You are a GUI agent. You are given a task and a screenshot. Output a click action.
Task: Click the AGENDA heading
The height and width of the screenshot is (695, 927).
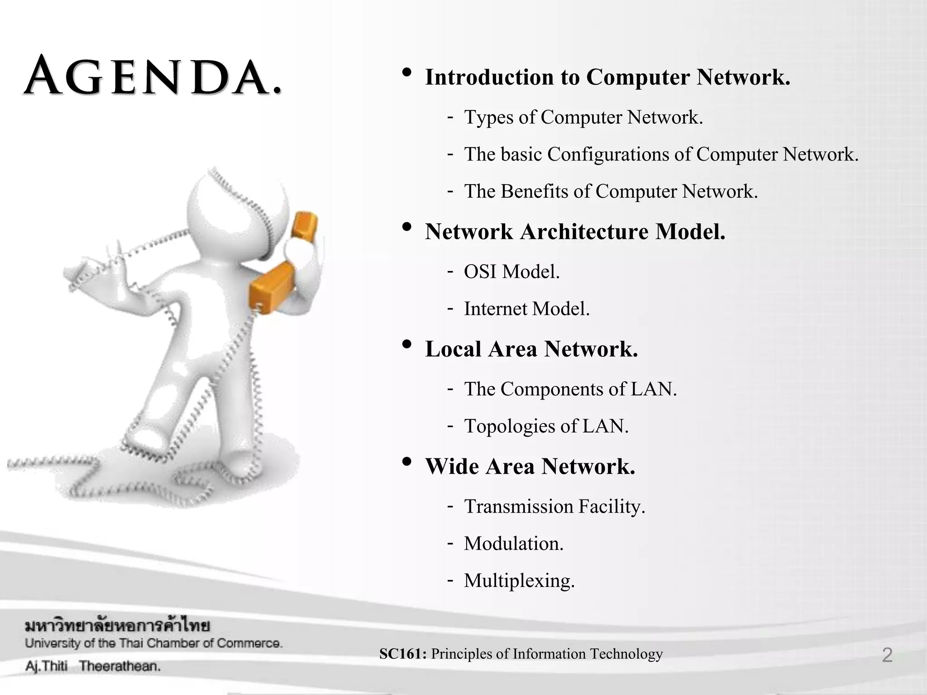click(x=153, y=77)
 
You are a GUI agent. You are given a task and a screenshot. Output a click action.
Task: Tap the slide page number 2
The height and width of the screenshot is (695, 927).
click(x=887, y=655)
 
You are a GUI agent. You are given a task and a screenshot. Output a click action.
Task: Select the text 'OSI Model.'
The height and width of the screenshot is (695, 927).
click(x=511, y=272)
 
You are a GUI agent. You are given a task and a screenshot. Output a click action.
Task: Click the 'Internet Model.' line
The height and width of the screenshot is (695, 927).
click(x=526, y=309)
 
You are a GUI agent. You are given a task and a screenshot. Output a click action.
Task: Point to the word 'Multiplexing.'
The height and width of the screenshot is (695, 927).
click(x=519, y=581)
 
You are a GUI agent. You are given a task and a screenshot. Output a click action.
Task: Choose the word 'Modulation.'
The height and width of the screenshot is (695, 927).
click(x=513, y=543)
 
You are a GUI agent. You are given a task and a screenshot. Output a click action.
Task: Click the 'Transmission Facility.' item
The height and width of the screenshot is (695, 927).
click(x=554, y=506)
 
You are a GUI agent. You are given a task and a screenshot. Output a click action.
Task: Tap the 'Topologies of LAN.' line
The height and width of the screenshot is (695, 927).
click(x=546, y=426)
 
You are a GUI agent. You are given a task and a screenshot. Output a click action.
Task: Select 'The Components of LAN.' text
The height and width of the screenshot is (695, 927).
click(x=570, y=389)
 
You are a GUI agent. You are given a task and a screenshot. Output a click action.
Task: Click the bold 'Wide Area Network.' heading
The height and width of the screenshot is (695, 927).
click(x=530, y=467)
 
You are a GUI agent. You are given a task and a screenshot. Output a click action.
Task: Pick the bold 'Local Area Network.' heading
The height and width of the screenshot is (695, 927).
click(x=531, y=349)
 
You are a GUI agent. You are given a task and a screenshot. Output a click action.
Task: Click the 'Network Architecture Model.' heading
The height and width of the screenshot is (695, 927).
click(x=575, y=232)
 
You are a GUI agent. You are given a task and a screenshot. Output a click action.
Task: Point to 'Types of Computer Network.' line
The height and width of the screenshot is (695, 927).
click(x=583, y=118)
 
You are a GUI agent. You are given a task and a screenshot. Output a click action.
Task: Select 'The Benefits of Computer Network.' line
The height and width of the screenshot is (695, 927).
click(x=611, y=191)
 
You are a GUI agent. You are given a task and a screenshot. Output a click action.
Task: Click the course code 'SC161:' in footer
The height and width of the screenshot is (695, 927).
click(x=402, y=654)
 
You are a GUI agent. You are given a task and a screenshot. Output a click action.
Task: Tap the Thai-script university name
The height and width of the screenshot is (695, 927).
click(x=117, y=626)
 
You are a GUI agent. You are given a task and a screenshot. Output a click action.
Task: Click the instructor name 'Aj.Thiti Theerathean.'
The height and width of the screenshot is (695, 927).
click(x=93, y=666)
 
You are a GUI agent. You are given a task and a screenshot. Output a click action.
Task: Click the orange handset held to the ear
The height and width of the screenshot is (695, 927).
click(x=304, y=226)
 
